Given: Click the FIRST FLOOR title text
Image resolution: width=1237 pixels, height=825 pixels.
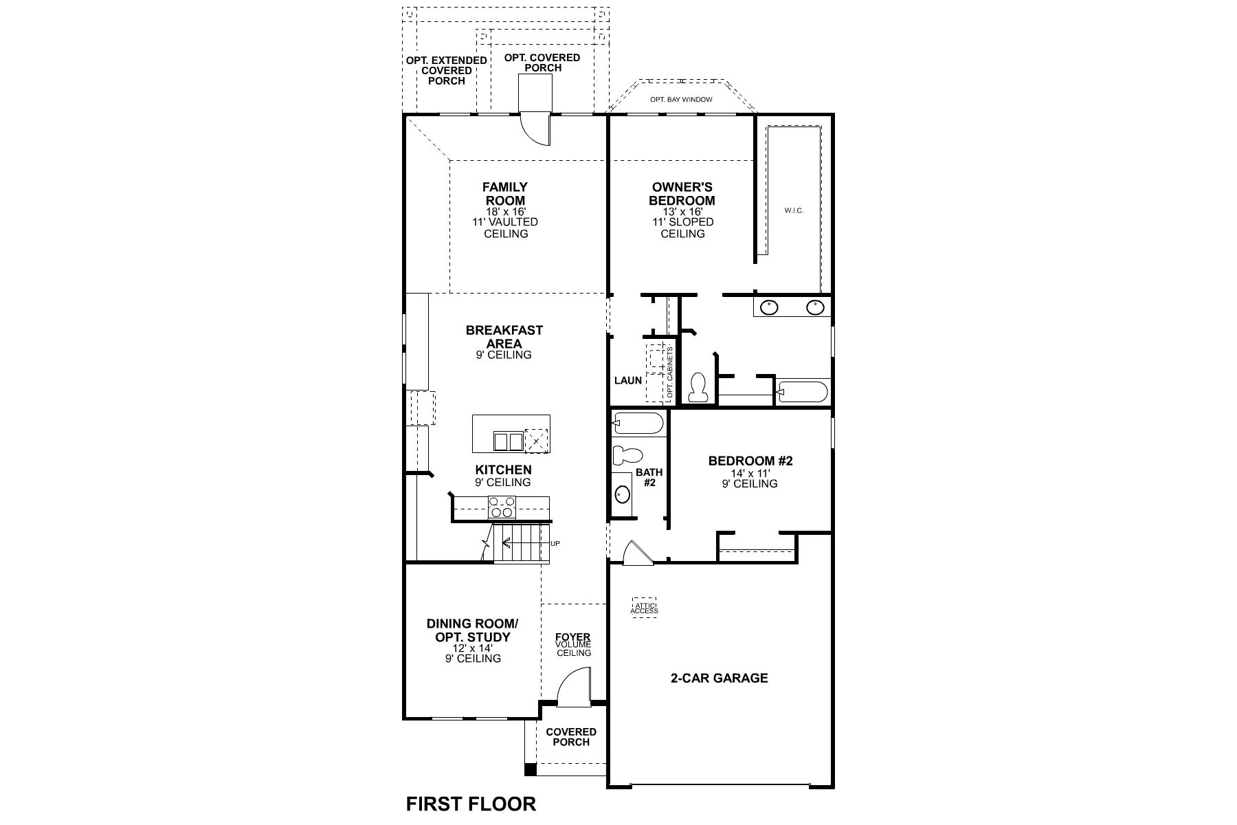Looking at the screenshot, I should tap(471, 803).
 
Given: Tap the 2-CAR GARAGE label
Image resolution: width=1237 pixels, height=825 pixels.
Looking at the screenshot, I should tap(719, 678).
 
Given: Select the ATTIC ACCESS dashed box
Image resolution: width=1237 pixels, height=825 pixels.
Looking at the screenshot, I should tap(645, 607).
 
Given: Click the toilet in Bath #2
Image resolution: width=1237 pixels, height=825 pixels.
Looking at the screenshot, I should tap(627, 455).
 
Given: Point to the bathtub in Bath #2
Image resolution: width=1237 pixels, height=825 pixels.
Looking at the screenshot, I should tap(638, 423).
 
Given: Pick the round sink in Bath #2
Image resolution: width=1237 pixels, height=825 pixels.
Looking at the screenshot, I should tap(623, 494).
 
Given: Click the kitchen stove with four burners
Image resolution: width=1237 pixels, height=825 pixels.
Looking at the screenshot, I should tap(502, 507).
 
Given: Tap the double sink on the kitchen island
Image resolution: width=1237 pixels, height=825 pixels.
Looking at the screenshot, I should tap(508, 441).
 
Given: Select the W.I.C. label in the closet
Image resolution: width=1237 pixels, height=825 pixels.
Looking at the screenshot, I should tap(794, 210).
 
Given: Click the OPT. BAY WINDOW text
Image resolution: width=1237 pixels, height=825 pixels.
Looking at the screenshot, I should tap(681, 100).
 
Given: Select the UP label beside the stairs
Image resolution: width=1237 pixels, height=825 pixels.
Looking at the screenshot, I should tap(555, 544).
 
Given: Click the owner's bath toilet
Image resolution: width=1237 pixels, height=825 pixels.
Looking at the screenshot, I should tap(698, 387).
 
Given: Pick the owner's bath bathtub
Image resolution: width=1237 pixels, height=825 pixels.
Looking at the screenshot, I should tap(802, 393).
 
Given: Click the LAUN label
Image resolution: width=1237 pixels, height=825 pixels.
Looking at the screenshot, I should tap(628, 380).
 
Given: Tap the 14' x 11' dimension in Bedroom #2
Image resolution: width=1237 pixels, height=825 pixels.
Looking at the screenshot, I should tap(750, 473).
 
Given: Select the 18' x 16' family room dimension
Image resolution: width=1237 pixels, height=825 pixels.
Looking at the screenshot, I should tap(504, 212).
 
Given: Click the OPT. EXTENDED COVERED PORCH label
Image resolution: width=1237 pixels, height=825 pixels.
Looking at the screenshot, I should tap(446, 71).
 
